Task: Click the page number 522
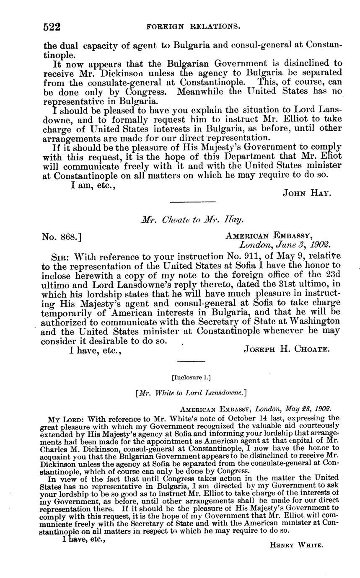click(52, 27)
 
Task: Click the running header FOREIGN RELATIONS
click(193, 27)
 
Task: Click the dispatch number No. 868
click(62, 237)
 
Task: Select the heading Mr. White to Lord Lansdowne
click(191, 392)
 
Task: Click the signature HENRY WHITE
click(296, 545)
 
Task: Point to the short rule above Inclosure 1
click(191, 361)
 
